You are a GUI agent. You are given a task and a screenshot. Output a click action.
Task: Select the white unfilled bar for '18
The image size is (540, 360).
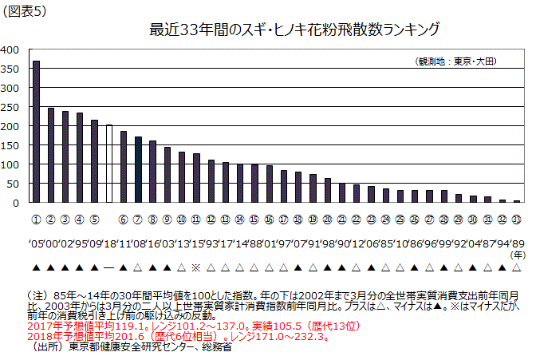[109, 164]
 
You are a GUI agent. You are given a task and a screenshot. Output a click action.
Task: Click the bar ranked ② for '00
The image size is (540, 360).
[51, 156]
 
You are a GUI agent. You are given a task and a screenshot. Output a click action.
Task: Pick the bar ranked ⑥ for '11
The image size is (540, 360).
[124, 167]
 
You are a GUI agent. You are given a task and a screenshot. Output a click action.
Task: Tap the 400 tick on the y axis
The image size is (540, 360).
[10, 49]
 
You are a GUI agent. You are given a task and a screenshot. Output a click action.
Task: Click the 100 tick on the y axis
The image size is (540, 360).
[10, 164]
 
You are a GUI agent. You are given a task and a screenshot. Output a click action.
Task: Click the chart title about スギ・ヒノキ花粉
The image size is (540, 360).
[294, 30]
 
